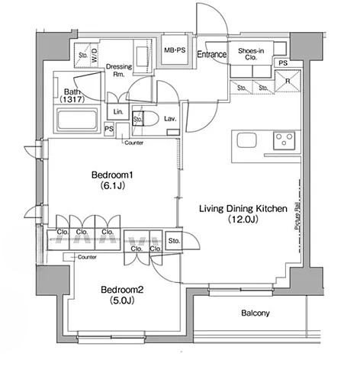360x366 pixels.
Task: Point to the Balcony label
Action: (246, 313)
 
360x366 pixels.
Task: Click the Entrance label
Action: (211, 55)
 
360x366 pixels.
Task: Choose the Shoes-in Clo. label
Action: (251, 55)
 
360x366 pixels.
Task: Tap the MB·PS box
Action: (175, 50)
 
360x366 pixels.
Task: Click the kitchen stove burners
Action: (285, 141)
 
